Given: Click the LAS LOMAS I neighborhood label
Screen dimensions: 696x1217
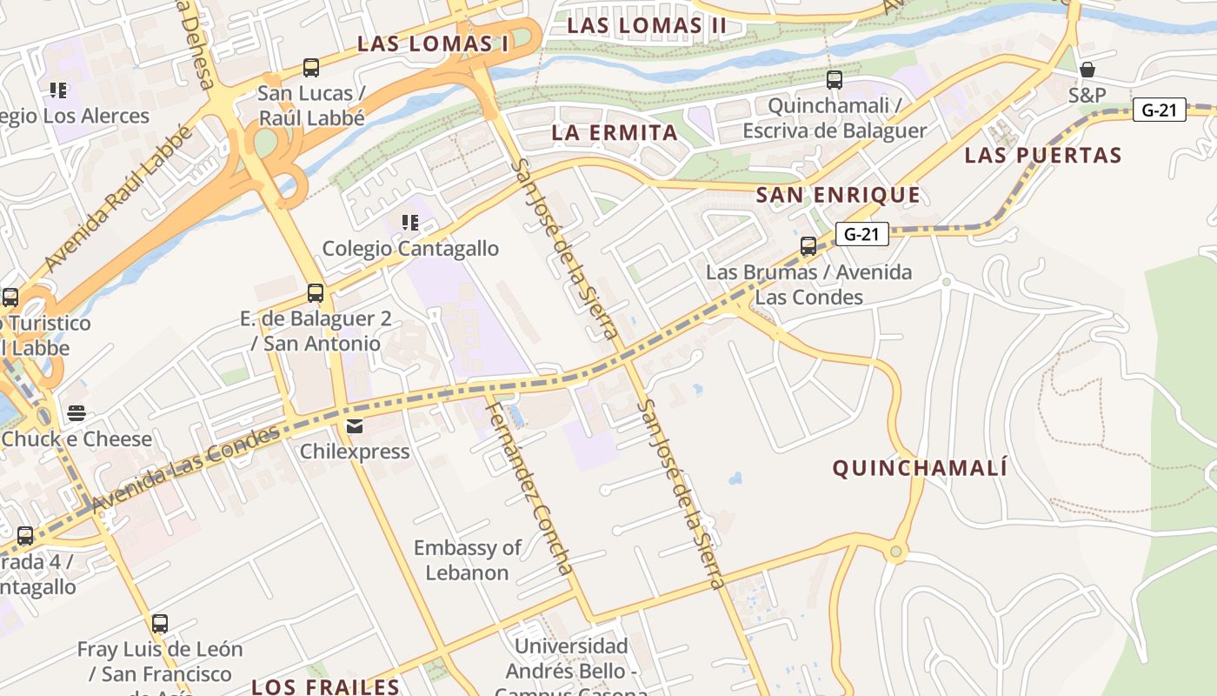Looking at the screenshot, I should pyautogui.click(x=432, y=43).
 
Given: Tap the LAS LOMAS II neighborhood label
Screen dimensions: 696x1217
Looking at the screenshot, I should pyautogui.click(x=647, y=26).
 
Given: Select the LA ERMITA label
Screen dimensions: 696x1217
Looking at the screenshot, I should pyautogui.click(x=615, y=133).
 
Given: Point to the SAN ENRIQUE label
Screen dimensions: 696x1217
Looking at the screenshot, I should pyautogui.click(x=838, y=195).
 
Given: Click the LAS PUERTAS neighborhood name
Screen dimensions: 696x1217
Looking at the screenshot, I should pyautogui.click(x=1043, y=156).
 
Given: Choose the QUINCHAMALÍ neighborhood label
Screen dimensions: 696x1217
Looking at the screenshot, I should pyautogui.click(x=920, y=469).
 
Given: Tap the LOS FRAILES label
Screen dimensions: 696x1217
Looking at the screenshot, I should pyautogui.click(x=325, y=686).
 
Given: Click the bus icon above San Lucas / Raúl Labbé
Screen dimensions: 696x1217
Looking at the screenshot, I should pyautogui.click(x=310, y=67).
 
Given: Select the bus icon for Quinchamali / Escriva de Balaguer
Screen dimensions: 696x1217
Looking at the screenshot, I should pyautogui.click(x=835, y=80).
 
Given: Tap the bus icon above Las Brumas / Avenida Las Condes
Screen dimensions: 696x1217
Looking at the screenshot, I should pyautogui.click(x=808, y=246).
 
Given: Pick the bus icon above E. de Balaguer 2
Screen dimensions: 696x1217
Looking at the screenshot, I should pyautogui.click(x=316, y=293).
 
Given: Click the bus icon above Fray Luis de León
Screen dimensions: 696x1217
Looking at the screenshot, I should pyautogui.click(x=159, y=623).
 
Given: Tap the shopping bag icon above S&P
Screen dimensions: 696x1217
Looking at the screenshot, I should pyautogui.click(x=1087, y=70).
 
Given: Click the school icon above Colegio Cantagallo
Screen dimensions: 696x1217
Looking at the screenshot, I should pyautogui.click(x=410, y=223).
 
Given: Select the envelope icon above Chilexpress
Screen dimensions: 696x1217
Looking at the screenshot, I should pyautogui.click(x=354, y=426).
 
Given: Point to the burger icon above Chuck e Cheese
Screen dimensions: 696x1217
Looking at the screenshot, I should pyautogui.click(x=76, y=413).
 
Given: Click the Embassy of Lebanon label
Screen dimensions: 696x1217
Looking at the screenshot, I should pyautogui.click(x=467, y=560).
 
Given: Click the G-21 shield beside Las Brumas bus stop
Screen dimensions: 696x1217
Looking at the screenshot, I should pyautogui.click(x=861, y=234).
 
